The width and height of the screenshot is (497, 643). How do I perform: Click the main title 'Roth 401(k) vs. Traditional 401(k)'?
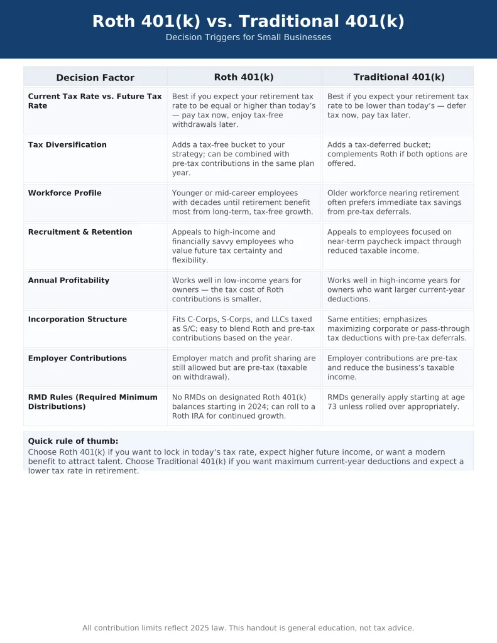(x=248, y=21)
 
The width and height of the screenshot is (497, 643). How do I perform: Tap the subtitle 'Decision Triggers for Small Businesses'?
(x=248, y=38)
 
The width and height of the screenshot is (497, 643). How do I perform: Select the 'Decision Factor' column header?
(x=95, y=78)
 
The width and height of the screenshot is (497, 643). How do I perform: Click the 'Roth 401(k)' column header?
(x=244, y=77)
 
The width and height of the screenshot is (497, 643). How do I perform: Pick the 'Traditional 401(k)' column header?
(x=398, y=77)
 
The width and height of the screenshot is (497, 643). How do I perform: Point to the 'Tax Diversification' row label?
(x=67, y=145)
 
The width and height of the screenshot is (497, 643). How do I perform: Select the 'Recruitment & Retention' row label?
(x=80, y=232)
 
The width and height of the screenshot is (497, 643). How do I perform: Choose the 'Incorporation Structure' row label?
(x=77, y=320)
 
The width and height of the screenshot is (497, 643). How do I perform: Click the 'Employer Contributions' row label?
(x=77, y=359)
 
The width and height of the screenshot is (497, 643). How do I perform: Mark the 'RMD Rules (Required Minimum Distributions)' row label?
(x=92, y=402)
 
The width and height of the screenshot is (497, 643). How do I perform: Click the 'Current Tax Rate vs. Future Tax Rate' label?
(x=94, y=101)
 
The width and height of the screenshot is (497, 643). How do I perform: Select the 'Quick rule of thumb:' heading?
(x=73, y=441)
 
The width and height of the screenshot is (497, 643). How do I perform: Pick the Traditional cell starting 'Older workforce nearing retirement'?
(x=393, y=202)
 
